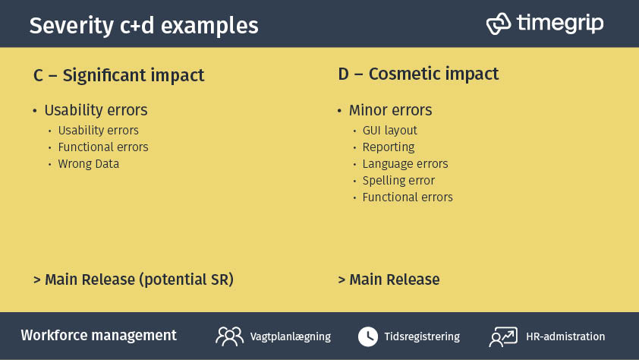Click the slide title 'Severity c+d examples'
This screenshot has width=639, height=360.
coord(143,26)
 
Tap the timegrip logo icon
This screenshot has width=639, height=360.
coord(498,24)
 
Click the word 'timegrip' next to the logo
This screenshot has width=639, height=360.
coord(560,24)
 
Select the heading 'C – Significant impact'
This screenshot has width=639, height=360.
coord(119,76)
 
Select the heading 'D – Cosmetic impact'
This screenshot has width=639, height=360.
coord(418,74)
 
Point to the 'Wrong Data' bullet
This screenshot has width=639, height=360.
coord(88,163)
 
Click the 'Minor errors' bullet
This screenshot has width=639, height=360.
coord(390,110)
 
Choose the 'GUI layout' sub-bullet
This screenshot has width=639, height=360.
coord(389,130)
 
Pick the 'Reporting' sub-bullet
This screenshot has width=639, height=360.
coord(389,147)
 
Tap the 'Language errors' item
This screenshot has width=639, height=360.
coord(405,163)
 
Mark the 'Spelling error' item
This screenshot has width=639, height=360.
coord(398,180)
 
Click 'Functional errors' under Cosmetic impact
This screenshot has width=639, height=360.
coord(408,197)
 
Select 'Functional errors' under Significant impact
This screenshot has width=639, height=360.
coord(103,147)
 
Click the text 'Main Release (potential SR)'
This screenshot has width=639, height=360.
coord(139,279)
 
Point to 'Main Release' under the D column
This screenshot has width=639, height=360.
coord(394,279)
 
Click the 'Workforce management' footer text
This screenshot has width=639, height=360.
coord(99,336)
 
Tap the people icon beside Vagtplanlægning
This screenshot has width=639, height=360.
coord(229,336)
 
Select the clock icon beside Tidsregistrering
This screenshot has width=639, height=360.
coord(368,336)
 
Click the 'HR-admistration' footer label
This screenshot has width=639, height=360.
coord(565,336)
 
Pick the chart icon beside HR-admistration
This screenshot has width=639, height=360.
coord(503,336)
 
